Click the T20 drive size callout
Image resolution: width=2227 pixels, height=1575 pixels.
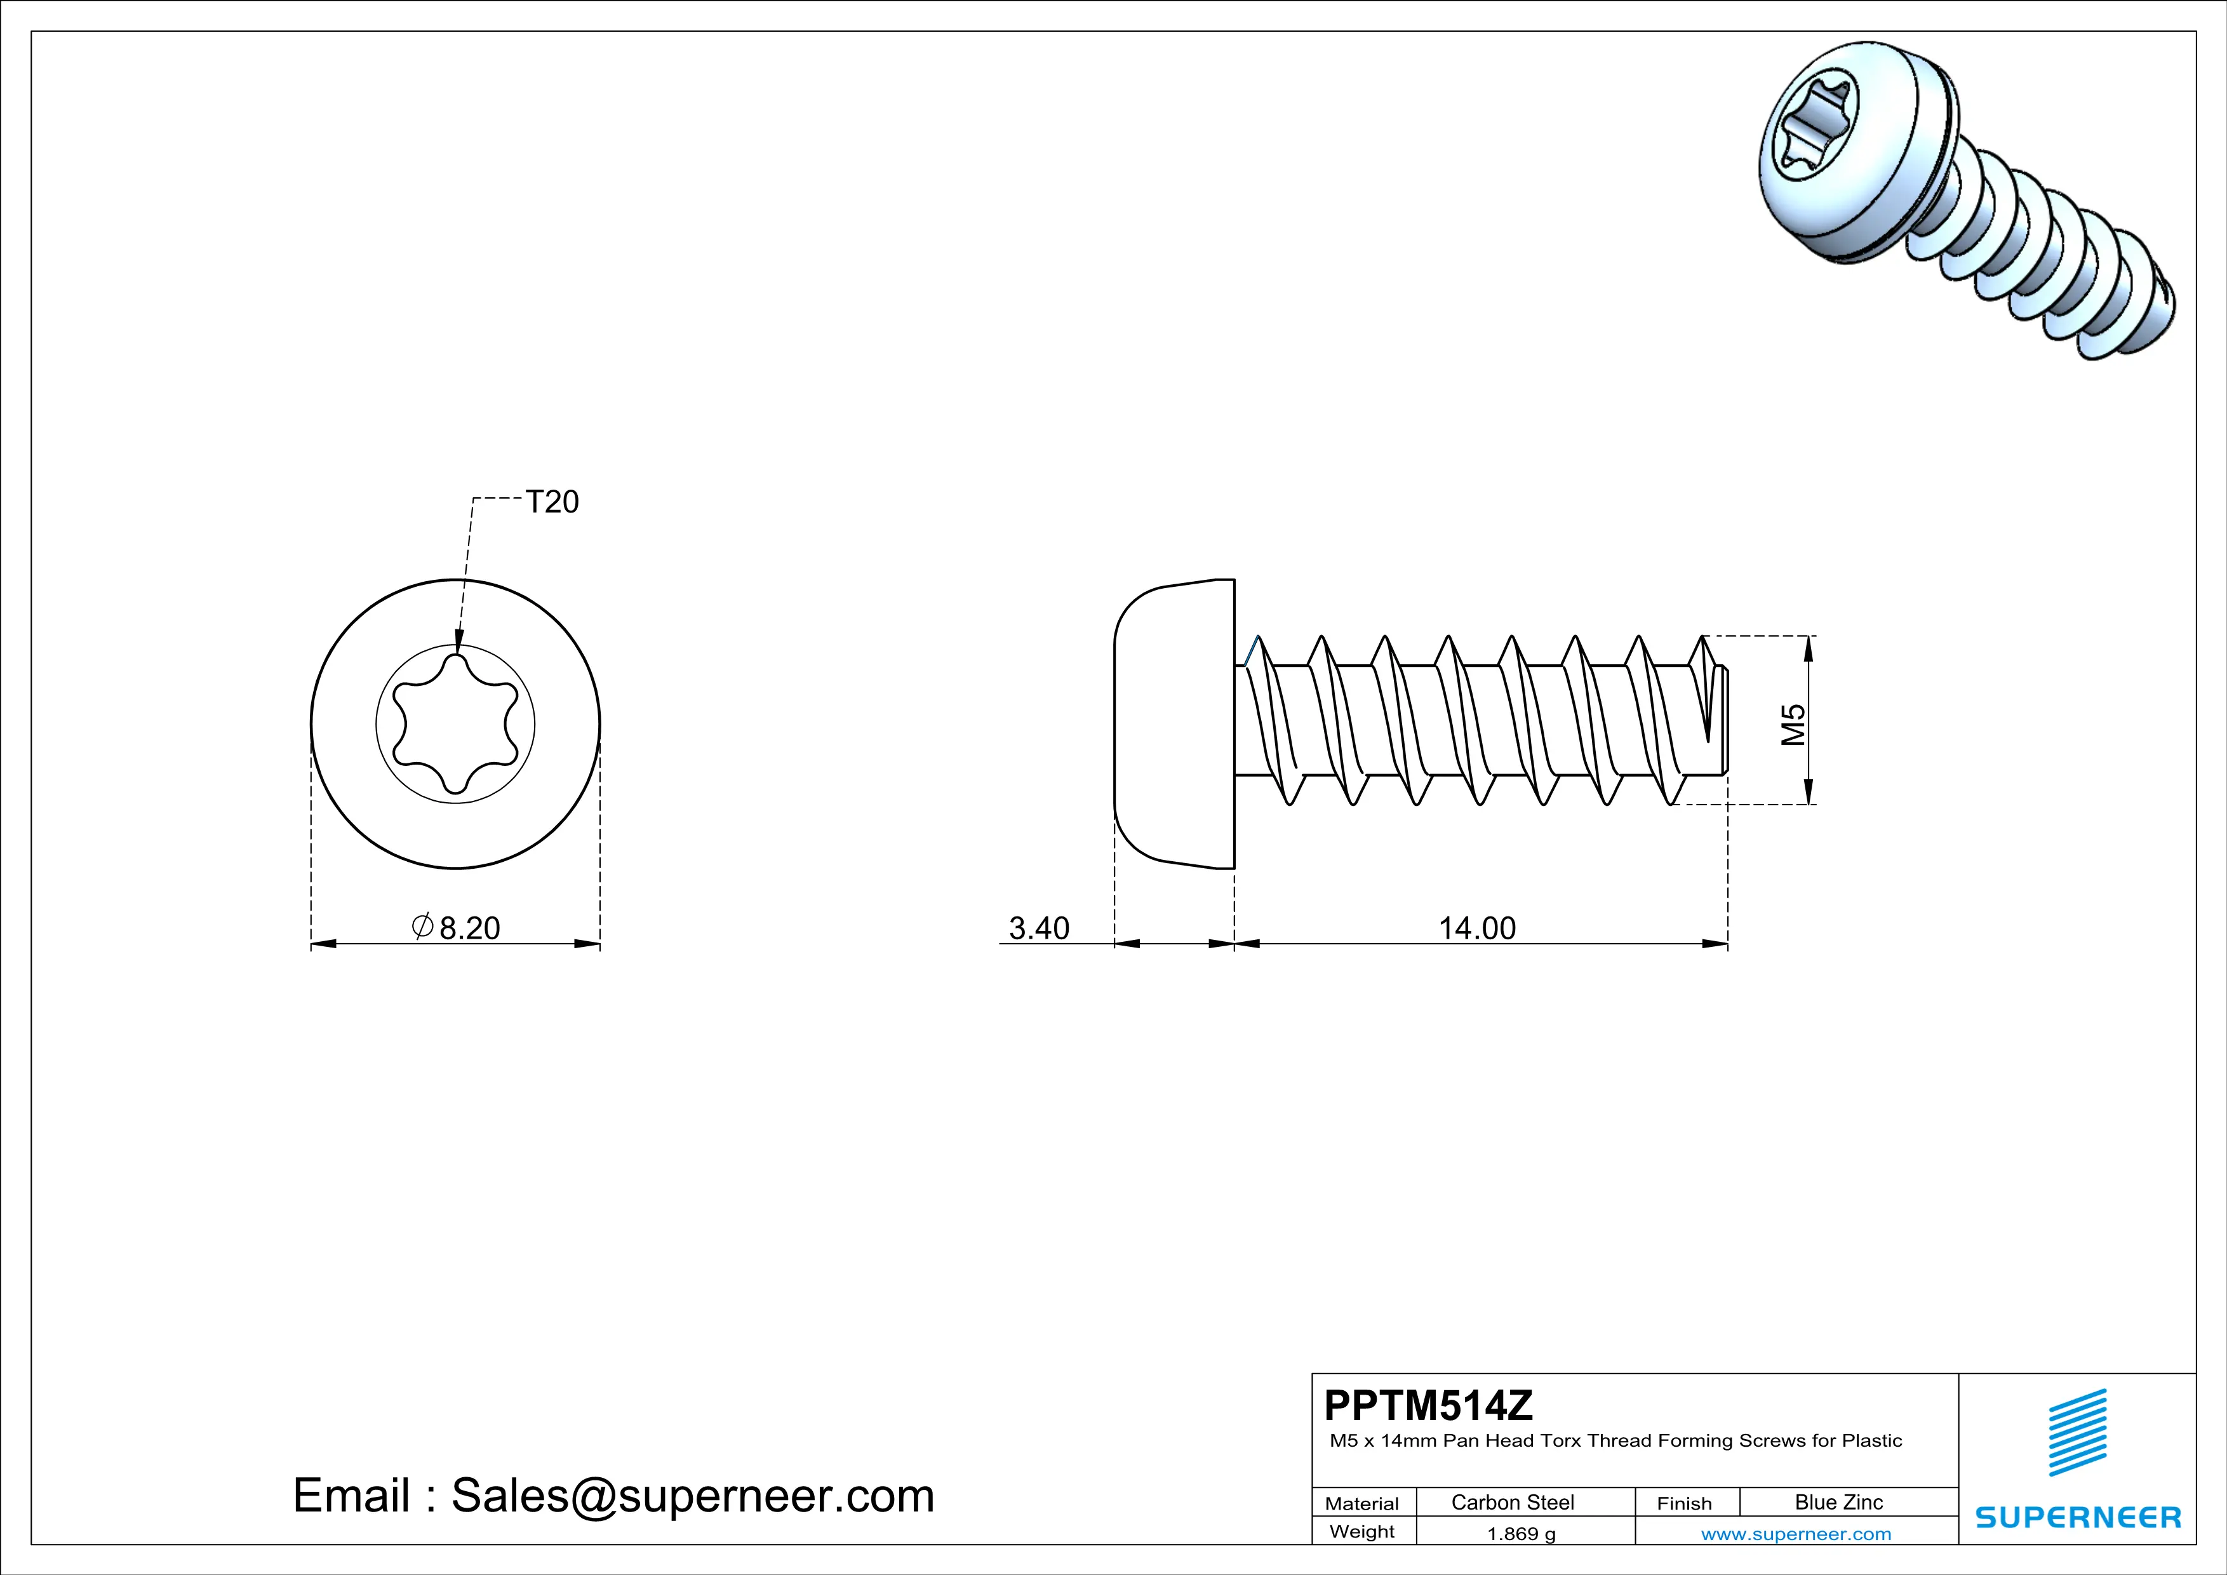coord(551,502)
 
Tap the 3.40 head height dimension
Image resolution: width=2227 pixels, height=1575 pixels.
coord(1039,928)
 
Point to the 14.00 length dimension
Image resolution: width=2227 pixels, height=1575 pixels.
coord(1476,928)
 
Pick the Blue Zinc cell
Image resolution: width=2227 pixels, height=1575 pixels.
coord(1839,1502)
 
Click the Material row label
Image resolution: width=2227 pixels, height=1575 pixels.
coord(1362,1503)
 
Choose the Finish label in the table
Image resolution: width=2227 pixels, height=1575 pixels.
coord(1684,1503)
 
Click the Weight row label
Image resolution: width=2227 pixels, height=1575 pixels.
coord(1362,1531)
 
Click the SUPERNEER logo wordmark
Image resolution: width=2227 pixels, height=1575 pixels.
coord(2078,1518)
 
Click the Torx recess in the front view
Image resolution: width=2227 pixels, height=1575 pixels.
coord(455,725)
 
